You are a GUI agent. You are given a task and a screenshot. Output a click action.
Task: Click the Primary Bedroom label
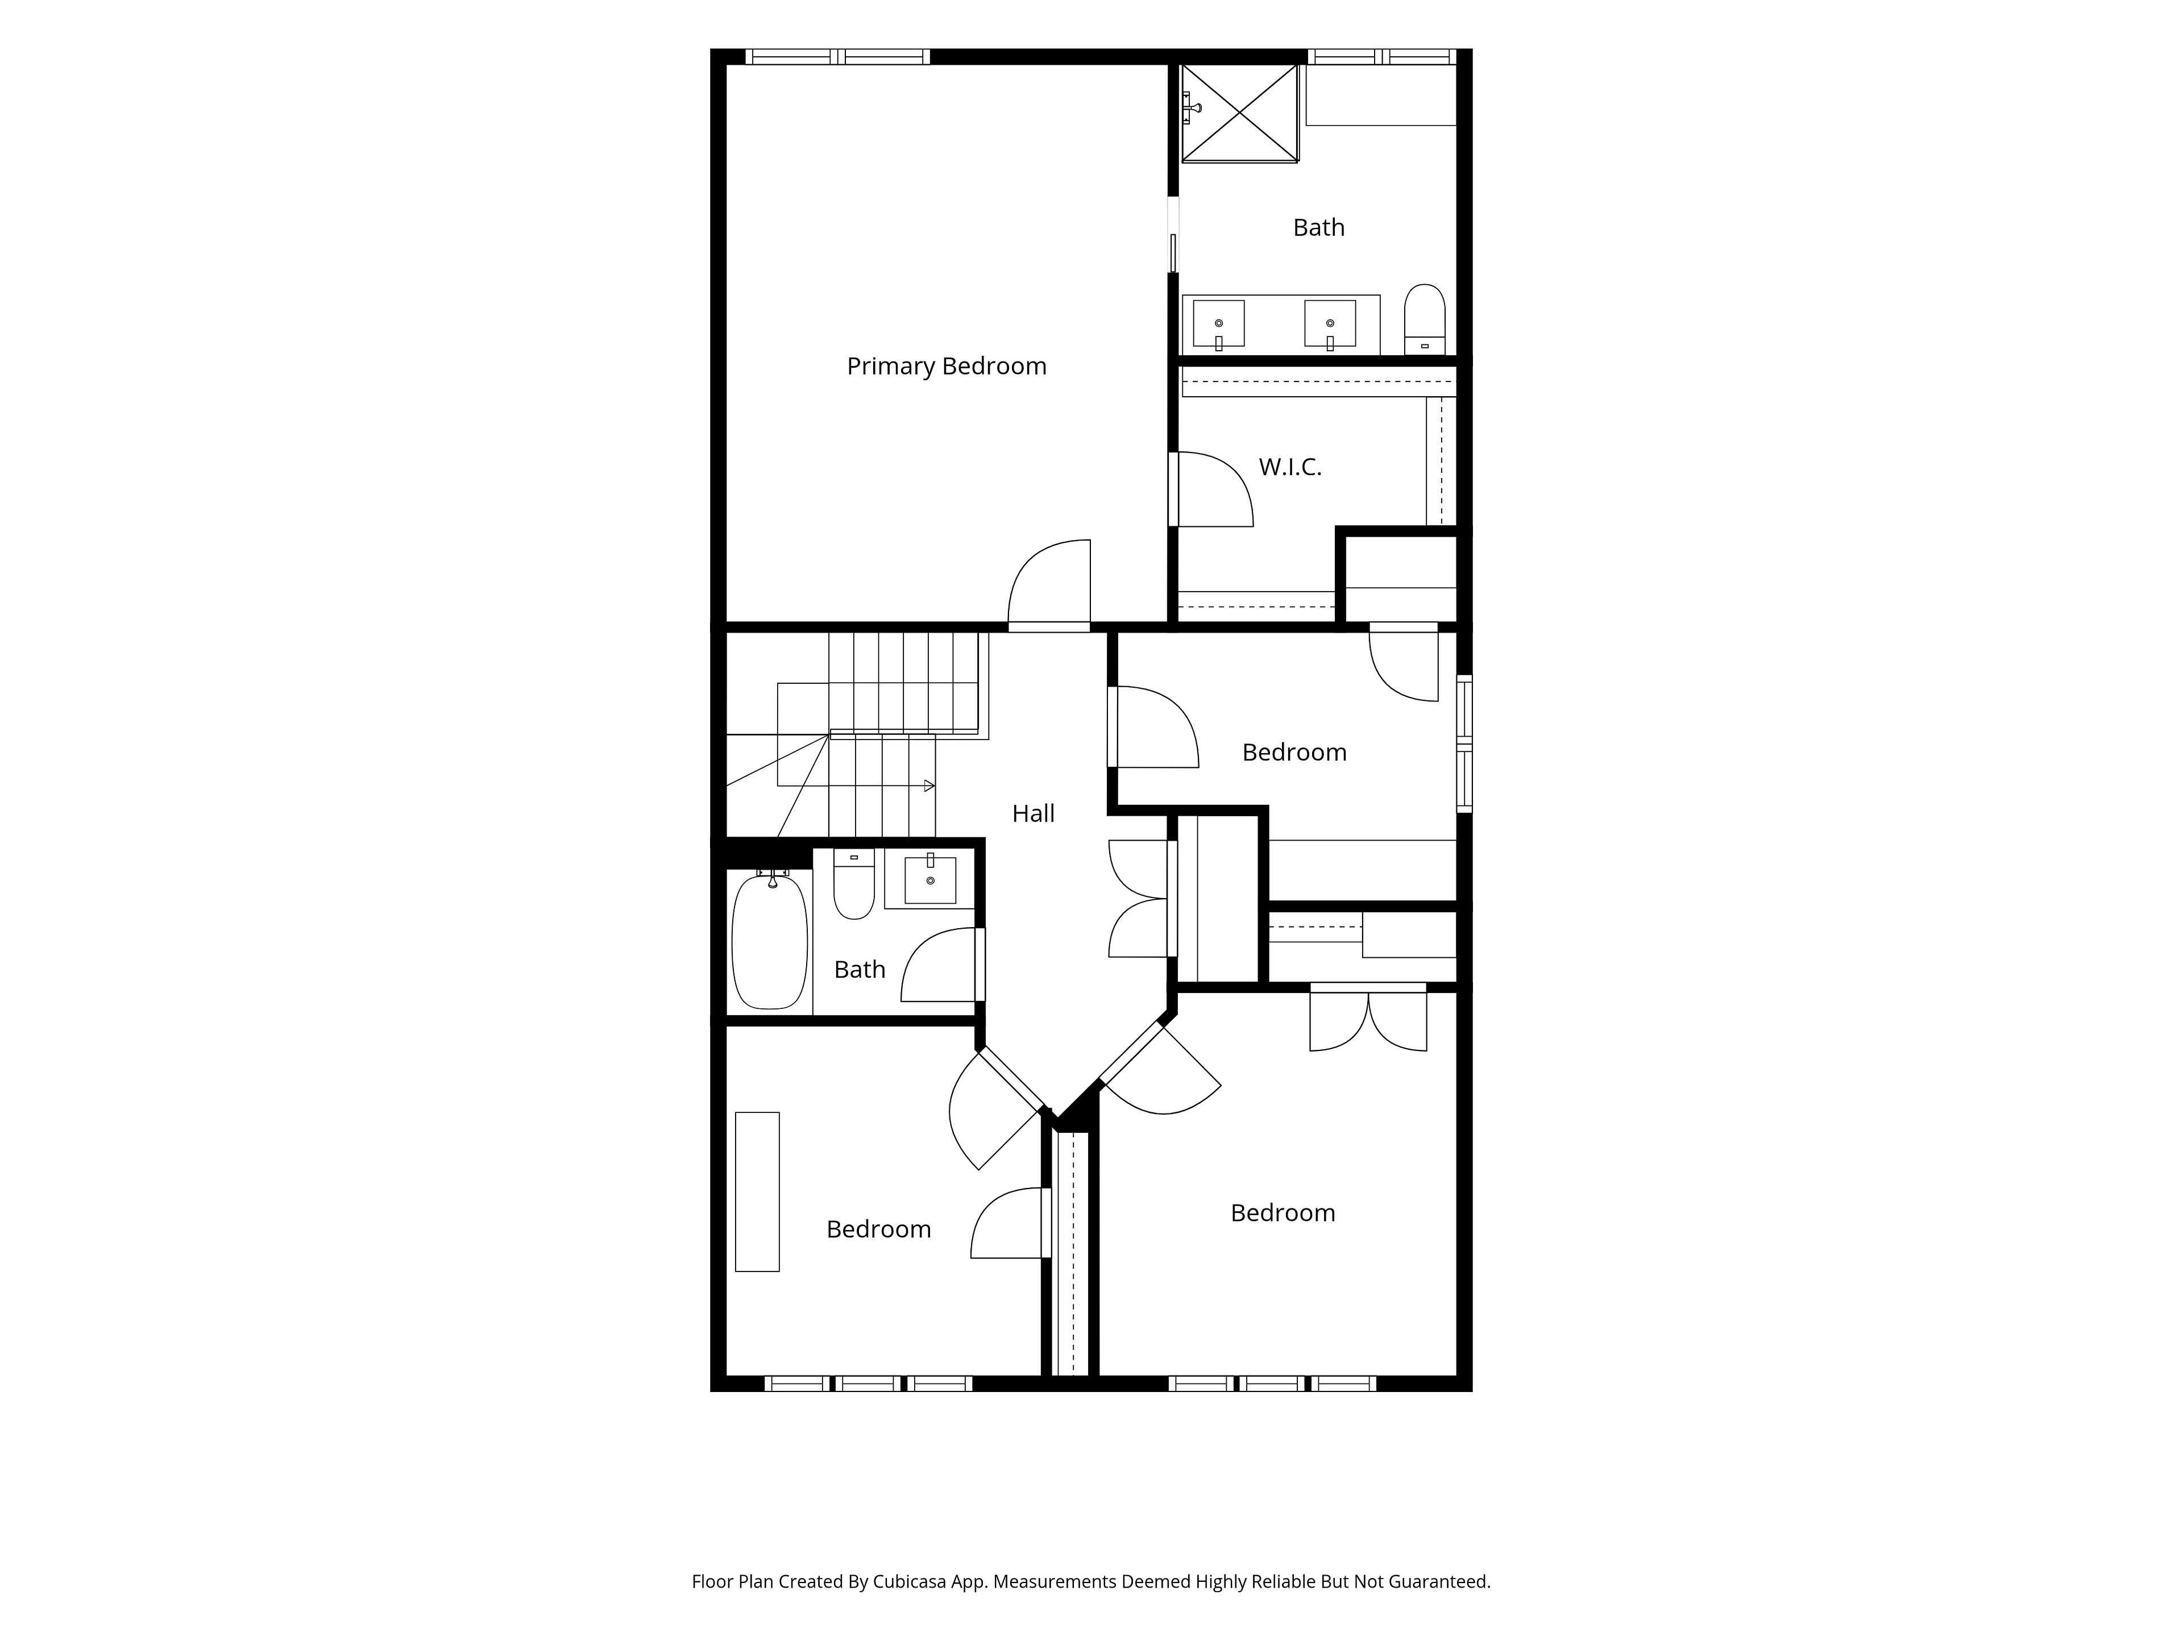pyautogui.click(x=947, y=366)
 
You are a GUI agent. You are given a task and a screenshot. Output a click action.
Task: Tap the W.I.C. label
pyautogui.click(x=1290, y=467)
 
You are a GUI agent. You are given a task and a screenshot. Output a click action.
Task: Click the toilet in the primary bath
pyautogui.click(x=1424, y=319)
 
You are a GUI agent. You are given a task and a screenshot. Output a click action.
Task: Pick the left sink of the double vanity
pyautogui.click(x=1219, y=323)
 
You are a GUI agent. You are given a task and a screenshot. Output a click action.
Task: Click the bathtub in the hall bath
pyautogui.click(x=770, y=940)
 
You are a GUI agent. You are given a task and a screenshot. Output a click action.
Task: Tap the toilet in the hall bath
pyautogui.click(x=854, y=883)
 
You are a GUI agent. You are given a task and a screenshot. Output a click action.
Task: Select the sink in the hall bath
pyautogui.click(x=929, y=879)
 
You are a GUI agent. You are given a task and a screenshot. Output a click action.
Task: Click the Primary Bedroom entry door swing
pyautogui.click(x=1049, y=582)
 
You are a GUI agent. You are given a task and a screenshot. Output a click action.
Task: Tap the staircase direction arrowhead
pyautogui.click(x=929, y=786)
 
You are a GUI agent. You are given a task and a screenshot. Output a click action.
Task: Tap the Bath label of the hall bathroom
pyautogui.click(x=860, y=969)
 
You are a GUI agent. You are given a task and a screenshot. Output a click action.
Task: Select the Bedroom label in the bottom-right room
pyautogui.click(x=1283, y=1213)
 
